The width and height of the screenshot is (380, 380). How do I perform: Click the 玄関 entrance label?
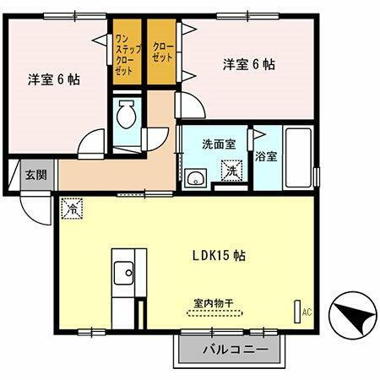pos(35,176)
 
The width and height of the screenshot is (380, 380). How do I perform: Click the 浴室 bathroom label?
pos(268,157)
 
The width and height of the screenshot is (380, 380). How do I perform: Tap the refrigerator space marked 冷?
pos(73,206)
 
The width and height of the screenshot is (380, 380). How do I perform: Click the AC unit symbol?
pos(298,312)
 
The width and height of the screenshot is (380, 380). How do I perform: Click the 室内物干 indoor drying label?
pos(212,301)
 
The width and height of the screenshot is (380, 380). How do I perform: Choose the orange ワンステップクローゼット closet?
pos(123,56)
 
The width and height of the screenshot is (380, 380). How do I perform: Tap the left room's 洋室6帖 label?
pos(54,80)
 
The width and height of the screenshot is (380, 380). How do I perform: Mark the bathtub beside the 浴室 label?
pos(298,157)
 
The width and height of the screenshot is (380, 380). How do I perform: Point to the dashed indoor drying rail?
pos(214,312)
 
